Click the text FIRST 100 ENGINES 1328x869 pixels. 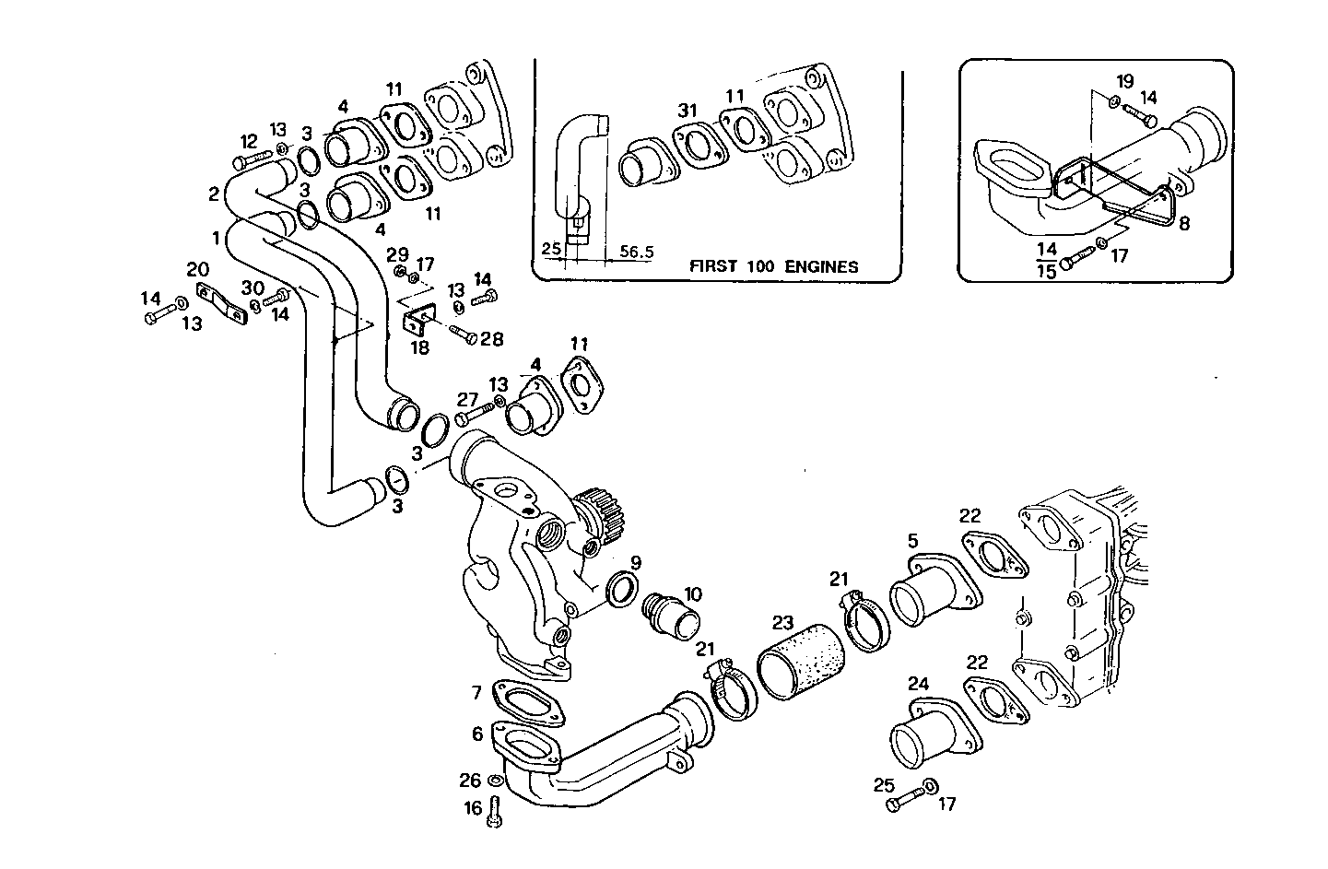[773, 267]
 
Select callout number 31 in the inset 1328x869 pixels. [687, 111]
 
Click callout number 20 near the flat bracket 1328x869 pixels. [198, 269]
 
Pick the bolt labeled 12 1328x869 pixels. [248, 162]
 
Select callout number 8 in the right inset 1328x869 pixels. [1184, 222]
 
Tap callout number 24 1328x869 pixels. [918, 684]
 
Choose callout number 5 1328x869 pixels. [912, 541]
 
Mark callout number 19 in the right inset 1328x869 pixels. [1125, 81]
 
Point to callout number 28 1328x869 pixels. [492, 339]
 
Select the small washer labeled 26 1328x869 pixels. [496, 781]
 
